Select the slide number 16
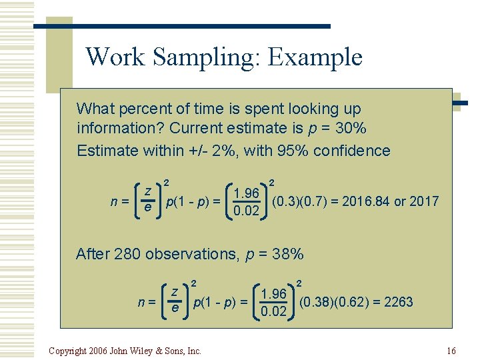point(451,351)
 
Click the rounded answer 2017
point(425,201)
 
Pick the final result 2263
point(398,302)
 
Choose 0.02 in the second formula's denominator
point(274,312)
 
